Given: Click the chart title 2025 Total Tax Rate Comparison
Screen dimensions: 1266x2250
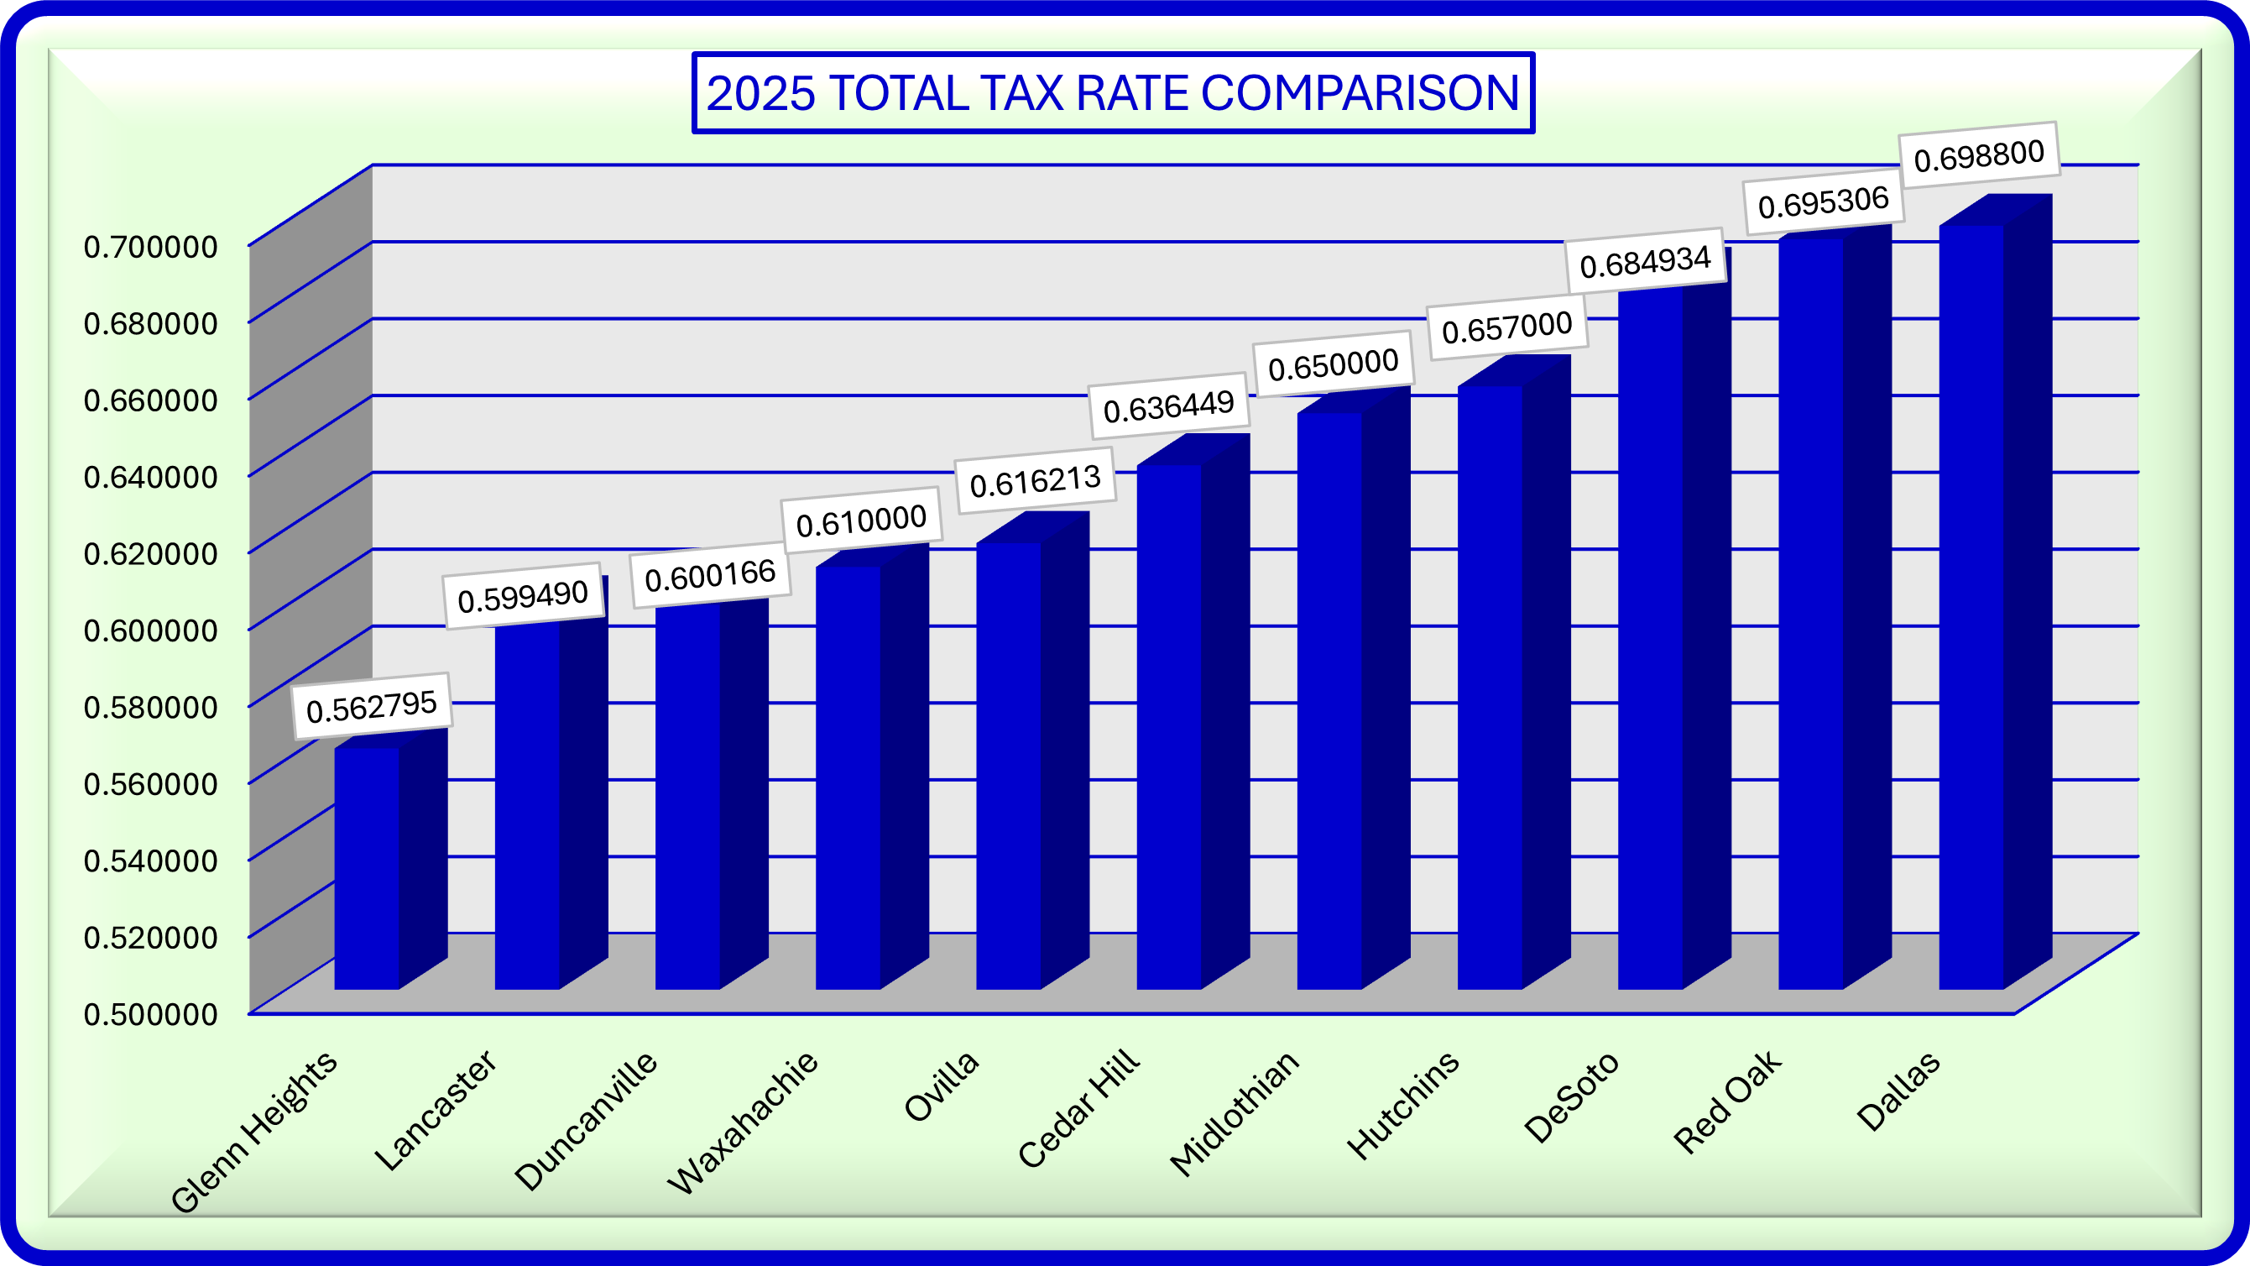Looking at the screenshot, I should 1112,92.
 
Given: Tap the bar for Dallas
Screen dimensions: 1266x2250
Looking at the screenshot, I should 1971,607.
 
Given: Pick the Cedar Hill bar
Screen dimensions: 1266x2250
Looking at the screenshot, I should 1169,727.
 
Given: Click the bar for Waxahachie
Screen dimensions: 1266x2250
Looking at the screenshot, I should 848,777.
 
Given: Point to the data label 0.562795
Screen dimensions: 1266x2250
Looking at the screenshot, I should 371,706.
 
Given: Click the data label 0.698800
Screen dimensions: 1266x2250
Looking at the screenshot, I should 1978,154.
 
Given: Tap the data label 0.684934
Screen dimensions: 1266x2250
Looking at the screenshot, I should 1645,261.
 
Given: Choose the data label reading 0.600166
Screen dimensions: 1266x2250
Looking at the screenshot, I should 710,575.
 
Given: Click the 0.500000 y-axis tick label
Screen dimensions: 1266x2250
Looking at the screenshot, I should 150,1014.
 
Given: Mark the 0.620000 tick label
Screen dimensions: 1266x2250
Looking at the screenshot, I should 150,554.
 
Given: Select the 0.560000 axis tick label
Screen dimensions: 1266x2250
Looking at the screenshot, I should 150,785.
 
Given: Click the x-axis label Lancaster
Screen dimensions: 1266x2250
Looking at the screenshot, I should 436,1111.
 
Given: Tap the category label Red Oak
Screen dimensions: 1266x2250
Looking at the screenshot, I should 1727,1101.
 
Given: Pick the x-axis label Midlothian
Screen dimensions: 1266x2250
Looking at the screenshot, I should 1235,1113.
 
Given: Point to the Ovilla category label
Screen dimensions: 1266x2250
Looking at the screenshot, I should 942,1087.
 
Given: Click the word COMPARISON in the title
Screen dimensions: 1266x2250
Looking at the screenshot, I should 1360,92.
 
